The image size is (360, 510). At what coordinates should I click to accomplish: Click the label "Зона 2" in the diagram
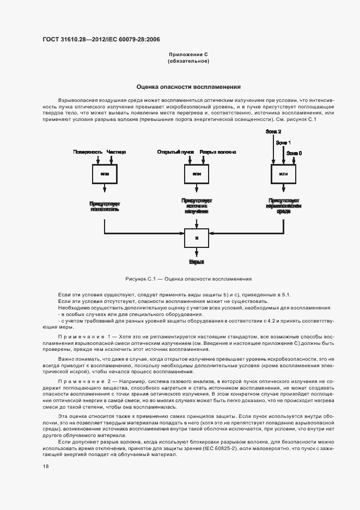[x=273, y=132]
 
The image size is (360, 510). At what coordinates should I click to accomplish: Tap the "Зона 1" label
[x=283, y=142]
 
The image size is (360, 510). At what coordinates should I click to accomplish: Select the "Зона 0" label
[x=294, y=153]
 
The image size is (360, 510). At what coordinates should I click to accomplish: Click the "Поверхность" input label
[x=88, y=151]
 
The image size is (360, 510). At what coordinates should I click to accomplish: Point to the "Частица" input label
[x=116, y=151]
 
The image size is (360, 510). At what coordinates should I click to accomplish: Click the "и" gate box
[x=196, y=239]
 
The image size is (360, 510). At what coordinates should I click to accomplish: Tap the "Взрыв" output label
[x=196, y=262]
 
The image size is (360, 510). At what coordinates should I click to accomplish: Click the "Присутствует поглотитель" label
[x=105, y=206]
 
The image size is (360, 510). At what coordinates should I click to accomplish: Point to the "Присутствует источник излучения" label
[x=197, y=206]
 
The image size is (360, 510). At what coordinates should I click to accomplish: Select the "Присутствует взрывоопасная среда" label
[x=283, y=206]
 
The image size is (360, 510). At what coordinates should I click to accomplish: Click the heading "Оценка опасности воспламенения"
[x=188, y=87]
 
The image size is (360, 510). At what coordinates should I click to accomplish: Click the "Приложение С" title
[x=188, y=54]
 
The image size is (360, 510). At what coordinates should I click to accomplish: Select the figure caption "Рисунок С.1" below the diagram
[x=188, y=279]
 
